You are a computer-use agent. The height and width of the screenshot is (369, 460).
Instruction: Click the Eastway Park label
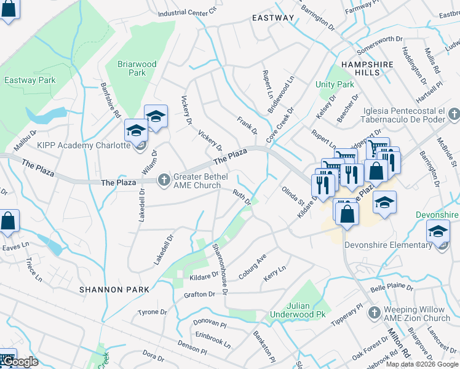(x=30, y=80)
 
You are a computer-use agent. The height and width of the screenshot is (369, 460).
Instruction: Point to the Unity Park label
(x=335, y=84)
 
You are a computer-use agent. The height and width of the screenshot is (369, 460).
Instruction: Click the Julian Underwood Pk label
(x=298, y=309)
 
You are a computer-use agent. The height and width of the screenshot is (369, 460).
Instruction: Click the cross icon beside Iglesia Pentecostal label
(x=454, y=114)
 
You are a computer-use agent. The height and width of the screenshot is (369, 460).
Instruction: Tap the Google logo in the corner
(x=20, y=362)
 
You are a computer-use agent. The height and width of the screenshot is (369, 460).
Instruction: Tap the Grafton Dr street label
(x=199, y=295)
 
